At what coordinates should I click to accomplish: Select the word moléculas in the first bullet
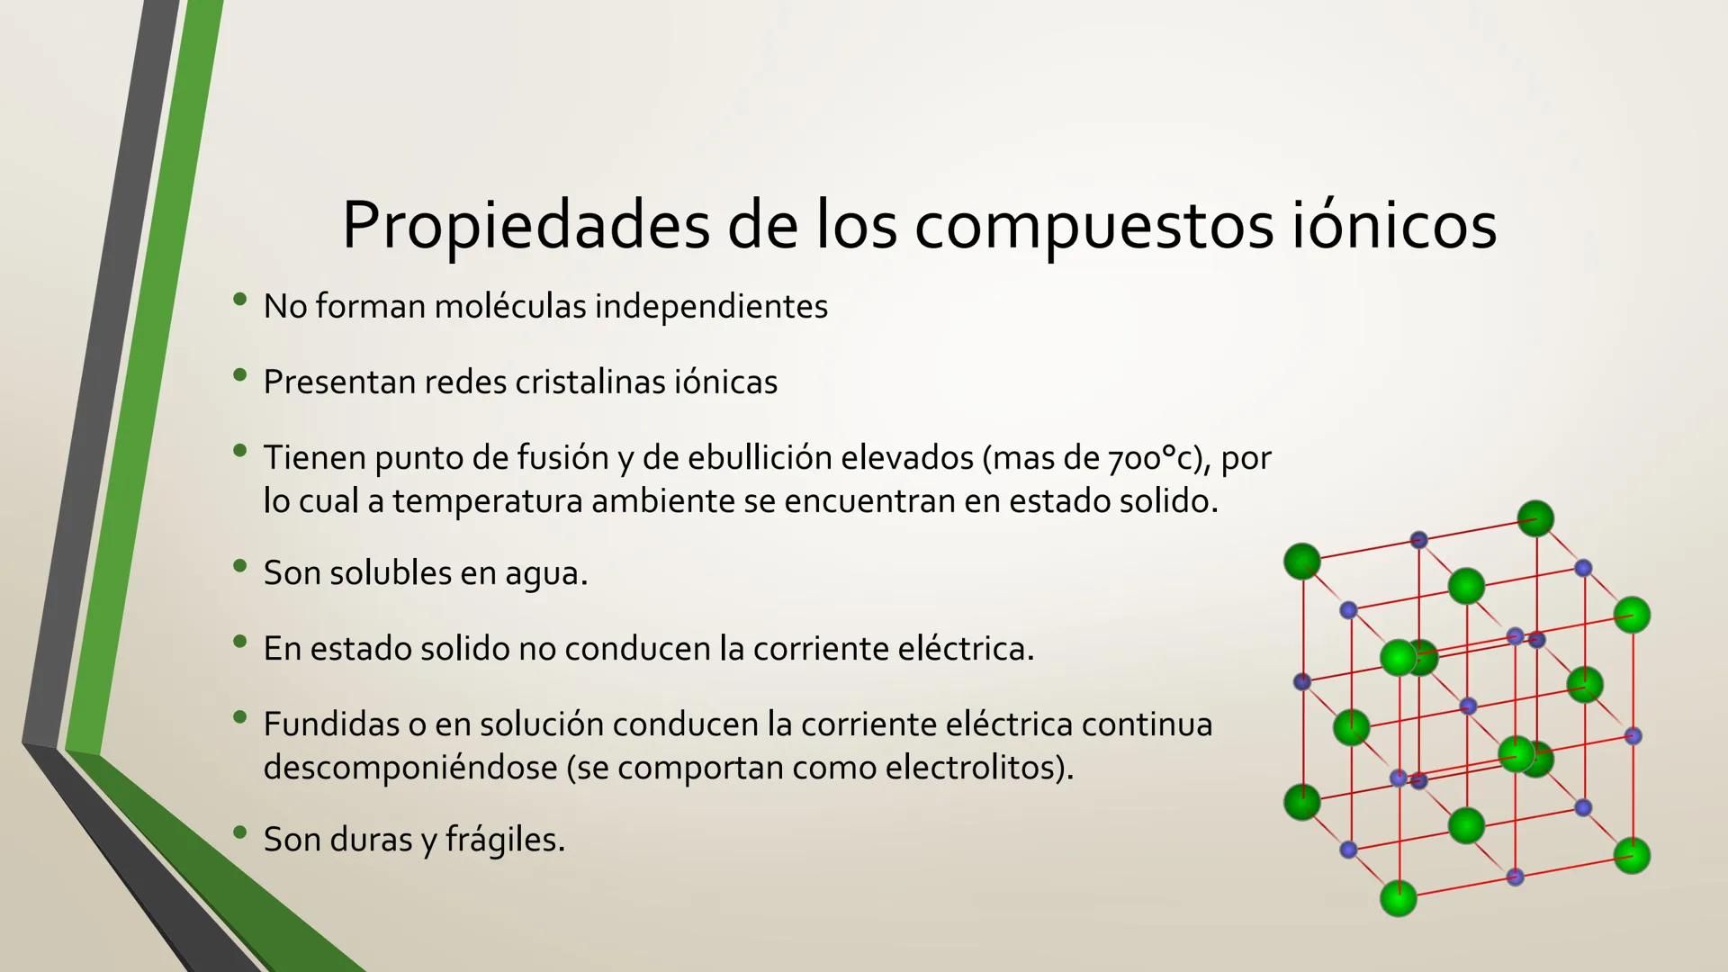(509, 307)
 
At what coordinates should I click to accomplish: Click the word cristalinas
(589, 382)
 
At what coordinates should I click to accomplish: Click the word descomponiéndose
(410, 768)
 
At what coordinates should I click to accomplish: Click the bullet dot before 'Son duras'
(239, 833)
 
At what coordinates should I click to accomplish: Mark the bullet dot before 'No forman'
(239, 301)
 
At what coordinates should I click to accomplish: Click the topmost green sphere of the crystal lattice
(1535, 519)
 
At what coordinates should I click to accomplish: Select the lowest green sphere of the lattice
(1398, 898)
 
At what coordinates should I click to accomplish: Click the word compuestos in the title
(1093, 225)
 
